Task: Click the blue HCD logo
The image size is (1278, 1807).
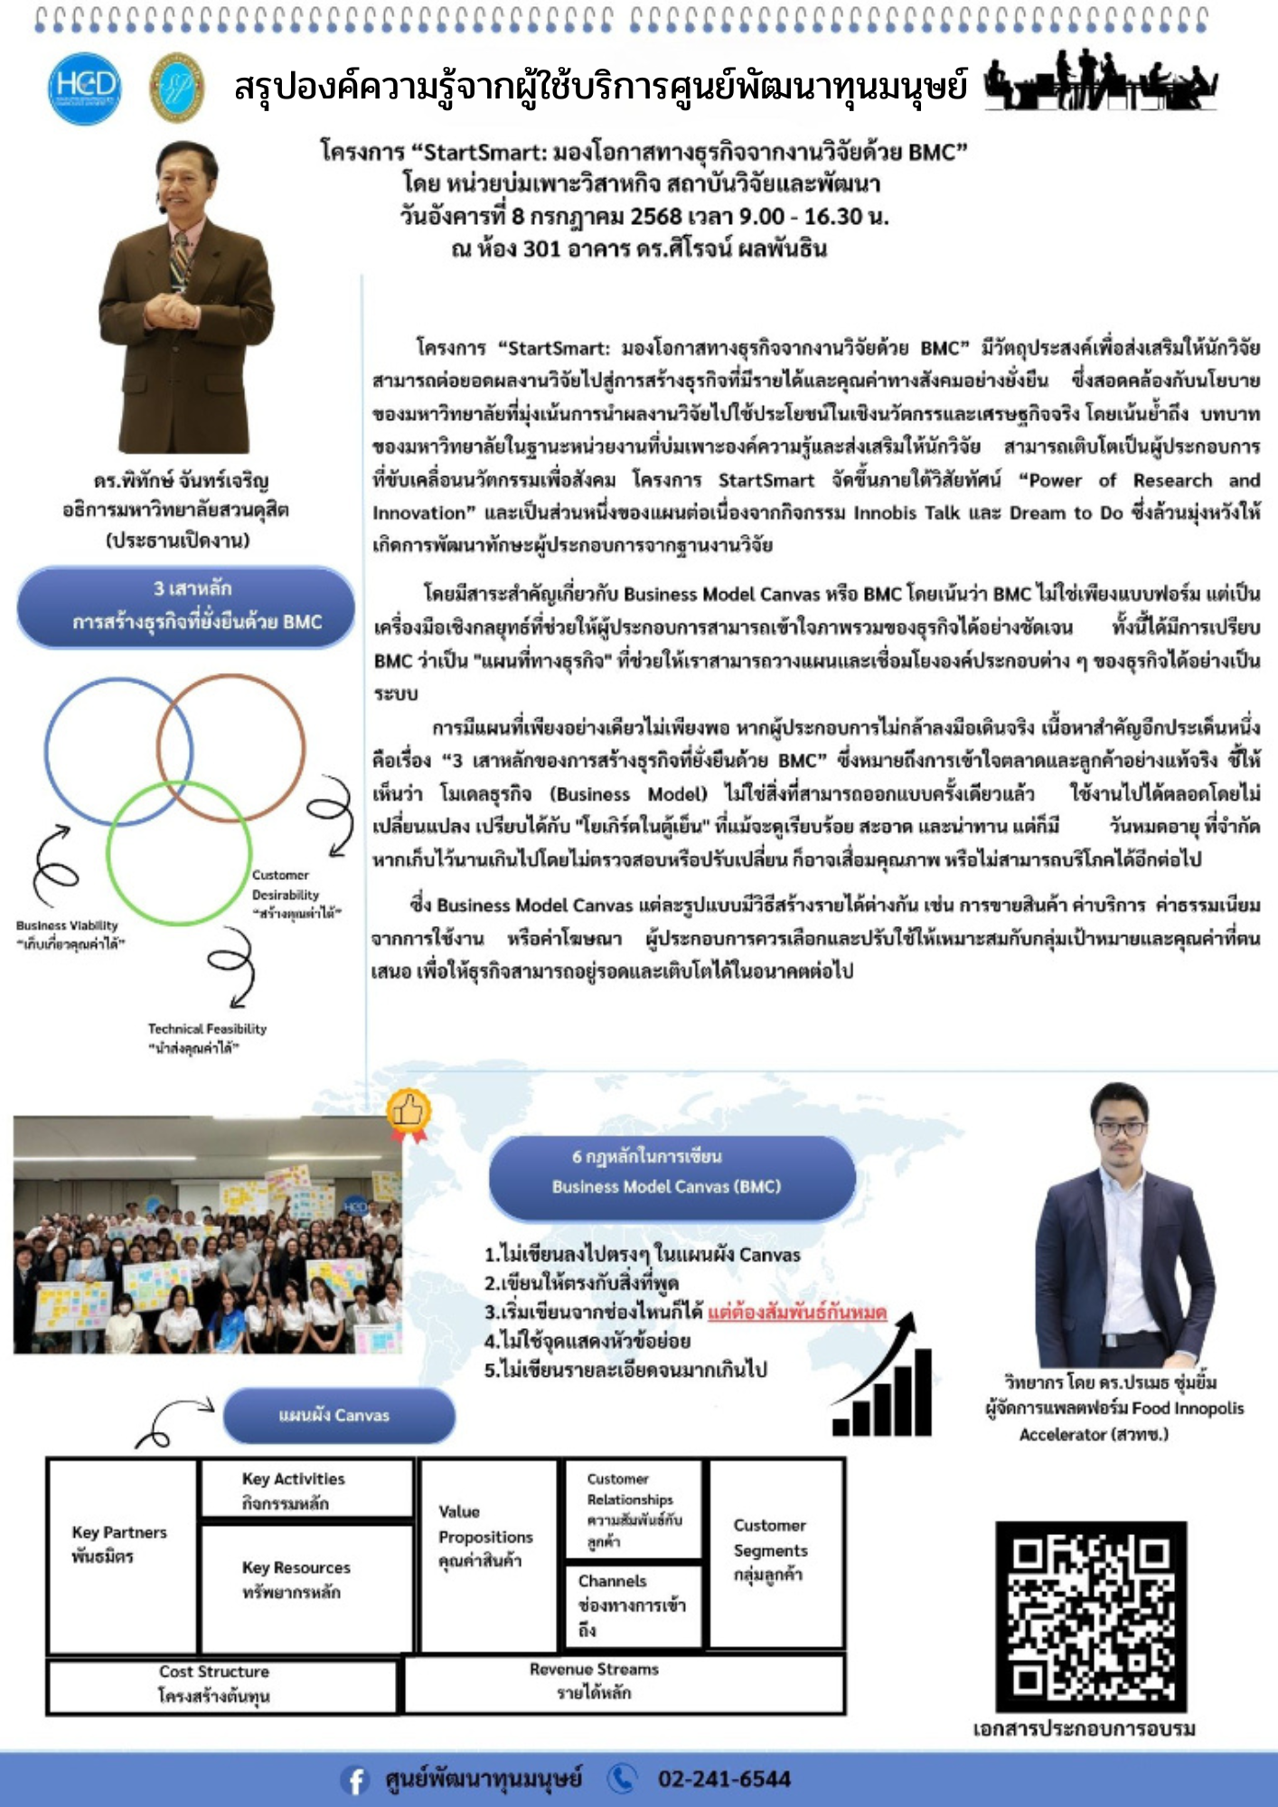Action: tap(84, 88)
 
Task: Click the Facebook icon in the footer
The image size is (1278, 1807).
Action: tap(355, 1780)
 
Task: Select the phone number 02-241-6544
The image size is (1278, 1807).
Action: tap(724, 1779)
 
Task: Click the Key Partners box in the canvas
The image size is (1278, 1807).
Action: tap(122, 1554)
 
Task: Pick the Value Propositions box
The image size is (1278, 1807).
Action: tap(488, 1554)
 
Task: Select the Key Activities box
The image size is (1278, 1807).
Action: tap(305, 1490)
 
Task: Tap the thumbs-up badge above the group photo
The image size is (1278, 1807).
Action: tap(409, 1111)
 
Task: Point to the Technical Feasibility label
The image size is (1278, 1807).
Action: tap(207, 1037)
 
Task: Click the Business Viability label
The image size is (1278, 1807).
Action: tap(69, 934)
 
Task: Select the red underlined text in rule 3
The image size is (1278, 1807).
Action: tap(796, 1312)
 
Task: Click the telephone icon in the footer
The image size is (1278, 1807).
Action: tap(622, 1778)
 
